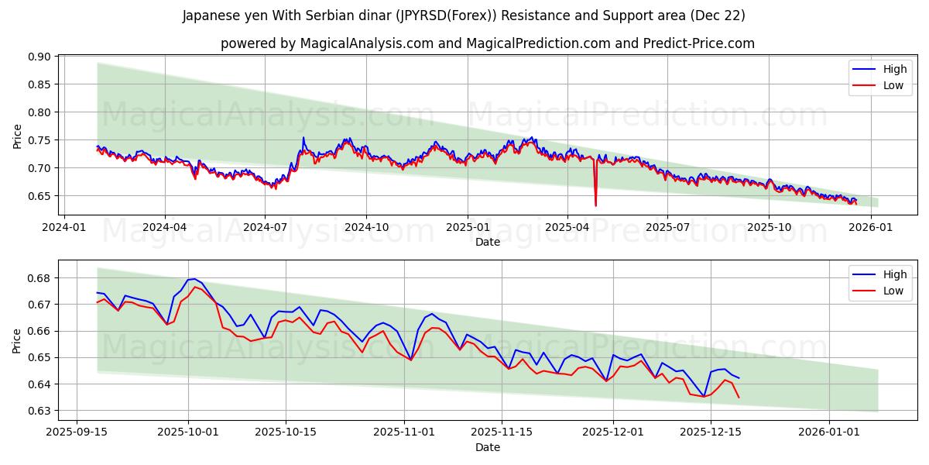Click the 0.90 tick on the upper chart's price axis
[x=39, y=57]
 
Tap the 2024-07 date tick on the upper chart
[x=265, y=227]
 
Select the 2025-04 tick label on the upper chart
[x=567, y=227]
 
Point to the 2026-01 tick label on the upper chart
[x=871, y=227]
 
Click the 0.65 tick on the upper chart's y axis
[x=39, y=196]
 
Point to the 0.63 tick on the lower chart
[x=39, y=411]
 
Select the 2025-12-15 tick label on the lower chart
[x=709, y=432]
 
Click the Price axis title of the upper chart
[x=17, y=136]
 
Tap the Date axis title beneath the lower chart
[x=488, y=447]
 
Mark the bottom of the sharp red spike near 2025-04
[x=595, y=205]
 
